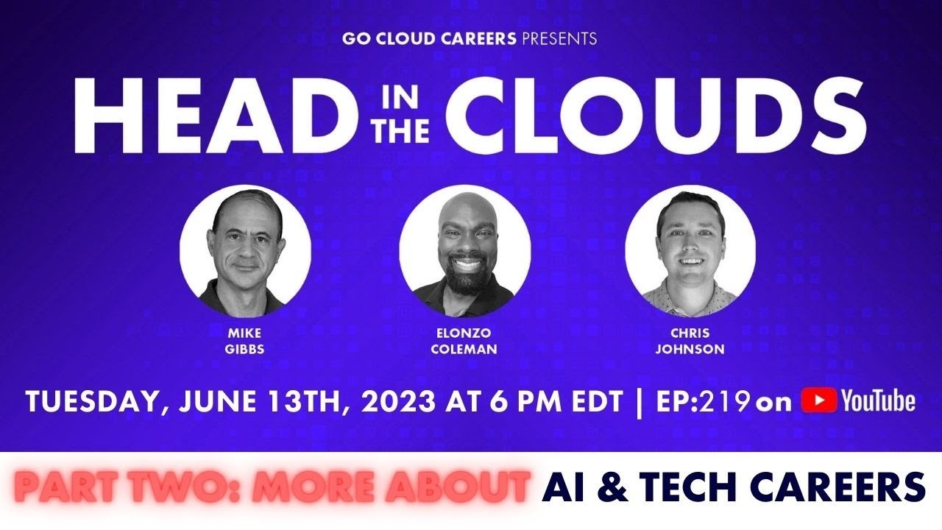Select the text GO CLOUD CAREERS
coord(428,38)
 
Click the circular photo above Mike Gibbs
coord(245,250)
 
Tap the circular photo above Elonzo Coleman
coord(464,250)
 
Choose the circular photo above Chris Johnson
coord(690,250)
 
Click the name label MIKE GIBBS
coord(245,341)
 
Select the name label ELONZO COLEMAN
coord(464,341)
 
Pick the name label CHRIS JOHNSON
coord(690,341)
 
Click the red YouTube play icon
coord(818,401)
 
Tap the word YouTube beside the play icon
coord(878,401)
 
